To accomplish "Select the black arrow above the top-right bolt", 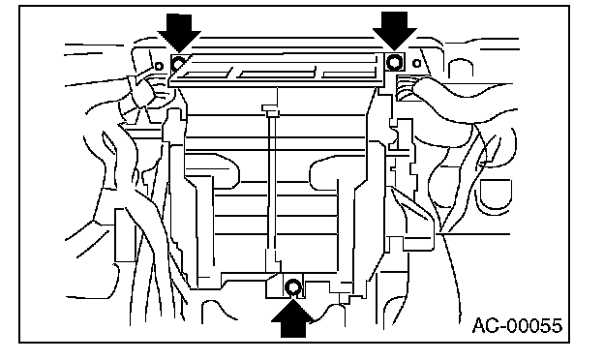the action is [x=395, y=30].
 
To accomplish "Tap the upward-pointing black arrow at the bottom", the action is [x=292, y=318].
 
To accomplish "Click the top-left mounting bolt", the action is [x=178, y=63].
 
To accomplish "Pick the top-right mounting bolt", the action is [x=394, y=62].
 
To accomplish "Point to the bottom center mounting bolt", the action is [x=293, y=287].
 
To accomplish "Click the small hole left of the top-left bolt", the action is [x=159, y=66].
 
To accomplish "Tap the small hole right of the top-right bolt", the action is [x=416, y=63].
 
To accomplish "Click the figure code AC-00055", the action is [x=517, y=326].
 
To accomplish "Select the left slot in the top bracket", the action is [x=206, y=75].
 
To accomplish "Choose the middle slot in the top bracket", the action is [x=276, y=73].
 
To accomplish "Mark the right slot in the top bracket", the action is [x=348, y=72].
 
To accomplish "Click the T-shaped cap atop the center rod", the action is [x=270, y=109].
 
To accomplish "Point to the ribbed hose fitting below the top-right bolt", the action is [x=406, y=88].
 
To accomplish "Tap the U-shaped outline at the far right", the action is [x=497, y=195].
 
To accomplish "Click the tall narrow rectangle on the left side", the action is [x=126, y=235].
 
